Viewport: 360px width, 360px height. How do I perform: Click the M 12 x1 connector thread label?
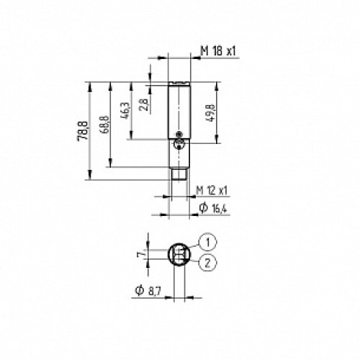point(212,189)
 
